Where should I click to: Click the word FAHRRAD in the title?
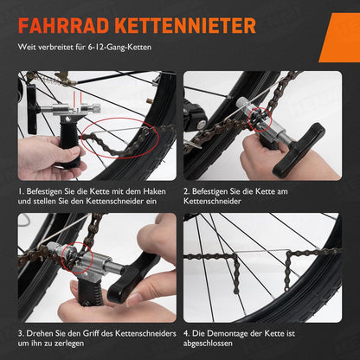[x=64, y=26]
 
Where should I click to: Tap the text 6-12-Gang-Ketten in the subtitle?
[x=120, y=47]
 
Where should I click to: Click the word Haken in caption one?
[x=155, y=191]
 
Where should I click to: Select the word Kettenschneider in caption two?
[x=212, y=201]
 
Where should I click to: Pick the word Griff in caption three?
[x=91, y=333]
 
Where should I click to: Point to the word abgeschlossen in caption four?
[x=208, y=344]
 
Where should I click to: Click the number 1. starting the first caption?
[x=21, y=191]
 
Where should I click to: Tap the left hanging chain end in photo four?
[x=236, y=274]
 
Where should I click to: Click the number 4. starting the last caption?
[x=186, y=333]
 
